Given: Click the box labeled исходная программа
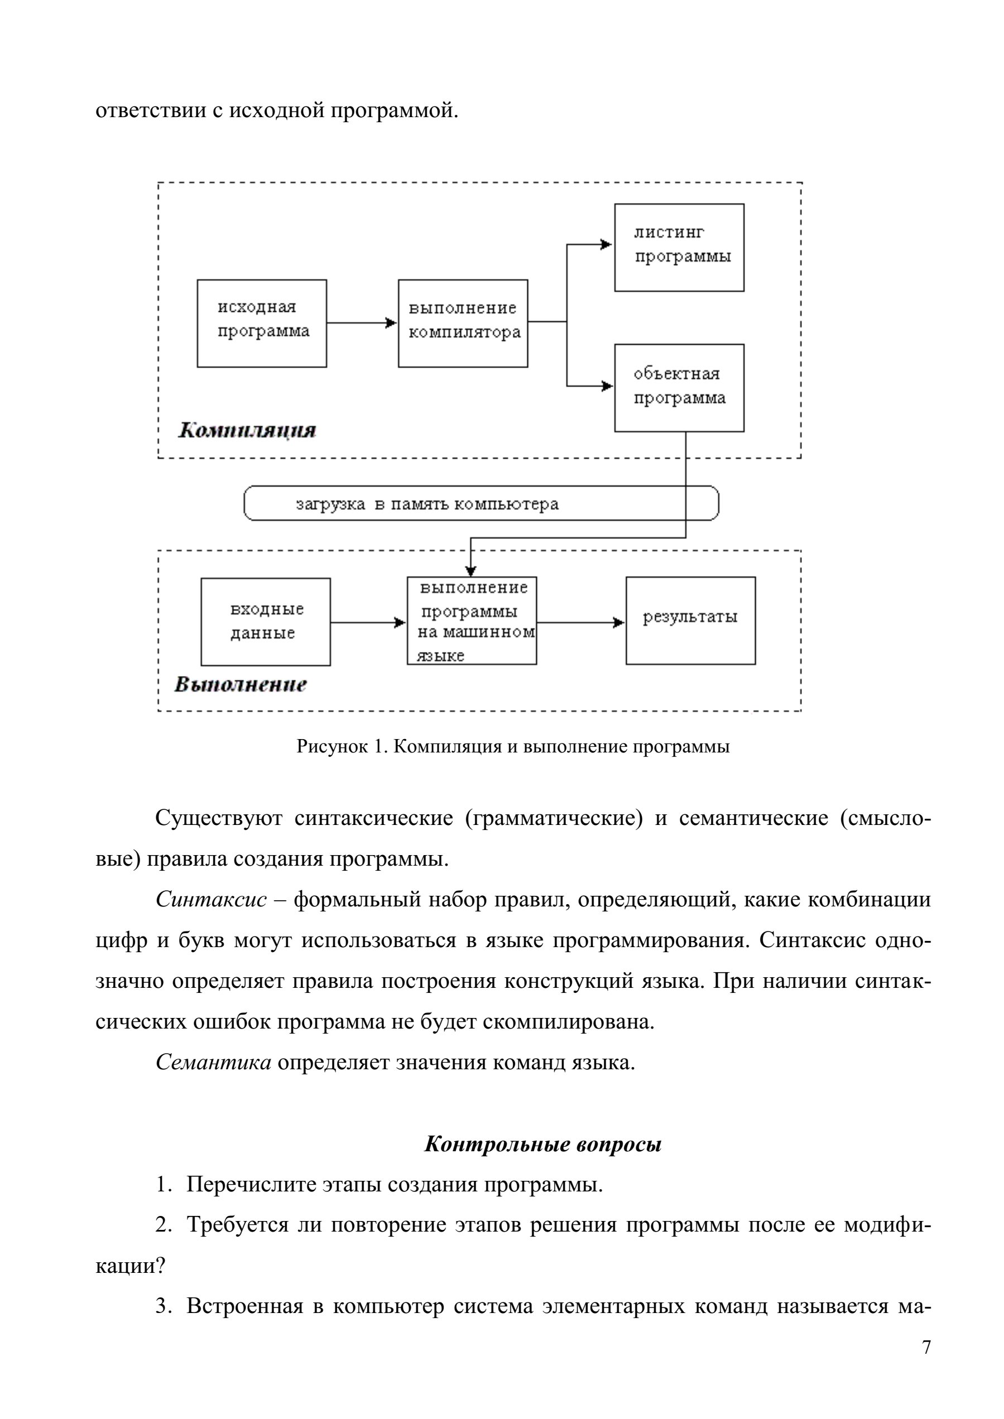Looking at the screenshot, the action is (x=262, y=323).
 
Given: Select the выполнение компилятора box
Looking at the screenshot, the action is (x=463, y=323).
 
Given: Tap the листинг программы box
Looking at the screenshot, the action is (x=679, y=247).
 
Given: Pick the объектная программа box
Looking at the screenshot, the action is (x=679, y=388).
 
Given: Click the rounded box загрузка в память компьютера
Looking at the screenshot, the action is (x=482, y=503).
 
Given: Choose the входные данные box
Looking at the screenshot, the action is (x=266, y=622).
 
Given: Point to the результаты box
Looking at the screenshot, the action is (x=690, y=620).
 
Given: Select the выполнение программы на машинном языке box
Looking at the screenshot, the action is (x=472, y=620).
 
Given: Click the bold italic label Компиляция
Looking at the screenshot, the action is (x=247, y=430).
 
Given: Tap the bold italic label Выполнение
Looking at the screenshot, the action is (x=241, y=685).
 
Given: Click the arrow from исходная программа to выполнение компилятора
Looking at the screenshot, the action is (x=362, y=322).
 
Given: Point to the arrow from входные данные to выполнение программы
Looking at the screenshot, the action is (x=368, y=622).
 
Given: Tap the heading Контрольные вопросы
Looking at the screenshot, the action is (x=543, y=1144).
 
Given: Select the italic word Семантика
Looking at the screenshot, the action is (x=213, y=1063).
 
